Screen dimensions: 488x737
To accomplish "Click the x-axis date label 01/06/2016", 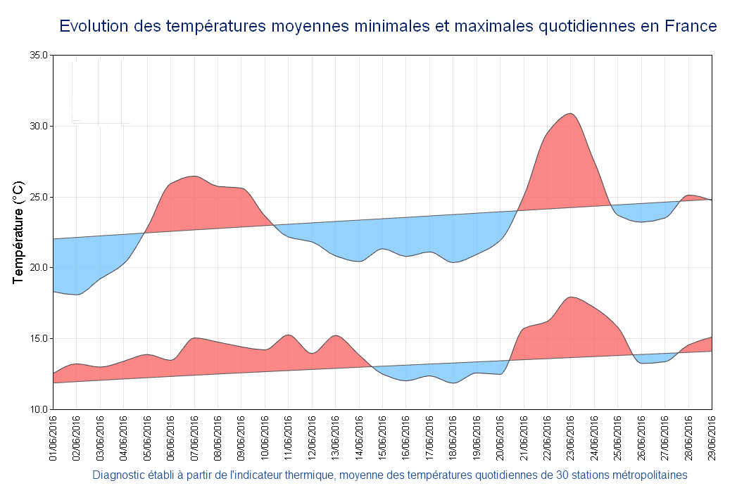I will point(53,437).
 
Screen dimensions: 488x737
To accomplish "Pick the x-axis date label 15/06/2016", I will point(382,437).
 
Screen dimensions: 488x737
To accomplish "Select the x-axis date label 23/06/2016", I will point(571,437).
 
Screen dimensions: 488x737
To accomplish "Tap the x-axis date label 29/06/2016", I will point(712,437).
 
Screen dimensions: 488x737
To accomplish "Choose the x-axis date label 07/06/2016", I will point(194,437).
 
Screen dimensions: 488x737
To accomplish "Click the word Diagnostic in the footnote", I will point(117,475).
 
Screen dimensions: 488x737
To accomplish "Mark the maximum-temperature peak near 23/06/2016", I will point(570,113).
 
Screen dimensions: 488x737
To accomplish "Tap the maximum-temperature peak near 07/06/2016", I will point(194,176).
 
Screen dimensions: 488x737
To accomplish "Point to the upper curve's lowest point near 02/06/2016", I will point(76,295).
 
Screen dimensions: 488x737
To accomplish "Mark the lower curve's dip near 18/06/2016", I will point(454,383).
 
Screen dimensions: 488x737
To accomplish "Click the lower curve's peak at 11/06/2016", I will point(288,335).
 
